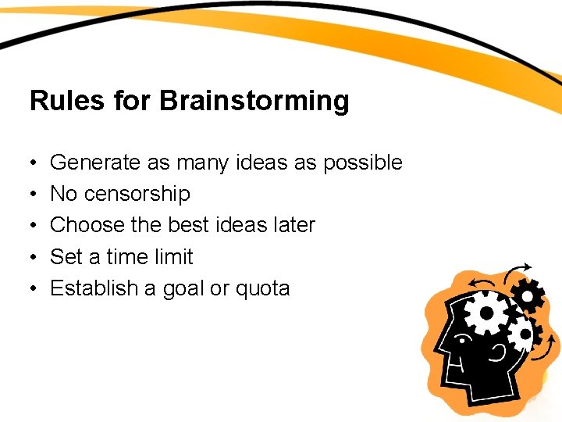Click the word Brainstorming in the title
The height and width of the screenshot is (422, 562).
click(x=254, y=102)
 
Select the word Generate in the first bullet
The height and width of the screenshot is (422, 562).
click(x=94, y=163)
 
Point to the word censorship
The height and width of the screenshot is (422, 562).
click(x=137, y=194)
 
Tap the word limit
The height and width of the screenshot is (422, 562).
click(x=172, y=256)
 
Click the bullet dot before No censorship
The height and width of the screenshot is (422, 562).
click(x=35, y=195)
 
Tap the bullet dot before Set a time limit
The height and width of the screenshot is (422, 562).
click(x=35, y=257)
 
